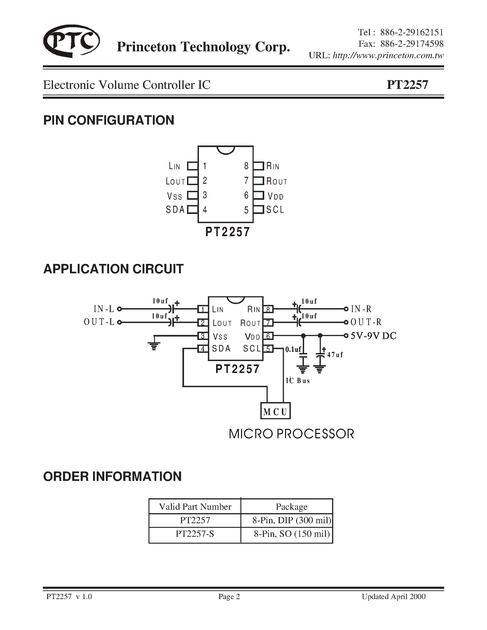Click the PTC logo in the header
coord(71,41)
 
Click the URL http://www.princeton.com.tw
coord(388,55)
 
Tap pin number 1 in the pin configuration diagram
coord(205,166)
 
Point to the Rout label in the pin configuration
coord(276,181)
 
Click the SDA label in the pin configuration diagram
coord(175,210)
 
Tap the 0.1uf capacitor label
coord(293,350)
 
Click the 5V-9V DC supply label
coord(373,336)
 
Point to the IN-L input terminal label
coord(104,309)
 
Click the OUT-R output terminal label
coord(366,322)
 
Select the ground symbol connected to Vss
coord(154,345)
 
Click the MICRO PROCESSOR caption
coord(291,434)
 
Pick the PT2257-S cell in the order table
coord(195,534)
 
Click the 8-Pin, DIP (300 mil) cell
coord(291,520)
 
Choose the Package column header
coord(291,507)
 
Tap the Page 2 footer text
coord(229,597)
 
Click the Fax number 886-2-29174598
coord(412,44)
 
